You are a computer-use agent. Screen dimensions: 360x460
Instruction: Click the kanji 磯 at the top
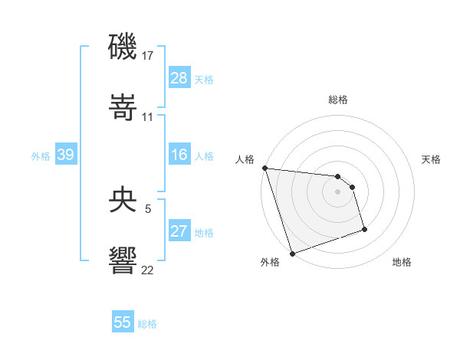(123, 48)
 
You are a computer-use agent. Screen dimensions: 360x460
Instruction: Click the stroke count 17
(148, 56)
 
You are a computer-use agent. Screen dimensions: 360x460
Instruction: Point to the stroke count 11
(148, 117)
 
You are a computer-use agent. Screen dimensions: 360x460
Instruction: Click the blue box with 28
(179, 78)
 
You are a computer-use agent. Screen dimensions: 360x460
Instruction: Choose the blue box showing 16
(179, 155)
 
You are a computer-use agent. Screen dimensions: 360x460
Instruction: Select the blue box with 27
(179, 231)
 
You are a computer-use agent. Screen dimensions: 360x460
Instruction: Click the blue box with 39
(65, 155)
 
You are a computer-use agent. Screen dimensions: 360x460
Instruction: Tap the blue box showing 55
(123, 322)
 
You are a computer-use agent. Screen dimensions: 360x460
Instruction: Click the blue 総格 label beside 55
(147, 324)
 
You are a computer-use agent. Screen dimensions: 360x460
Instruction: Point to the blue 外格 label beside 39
(41, 156)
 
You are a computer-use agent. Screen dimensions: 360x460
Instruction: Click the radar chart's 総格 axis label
(337, 100)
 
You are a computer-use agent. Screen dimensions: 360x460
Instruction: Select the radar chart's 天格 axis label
(431, 159)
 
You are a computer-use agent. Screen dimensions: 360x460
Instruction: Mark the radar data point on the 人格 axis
(264, 168)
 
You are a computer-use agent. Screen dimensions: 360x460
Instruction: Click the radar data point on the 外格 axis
(292, 252)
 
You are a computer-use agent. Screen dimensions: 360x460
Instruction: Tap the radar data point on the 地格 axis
(364, 229)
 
